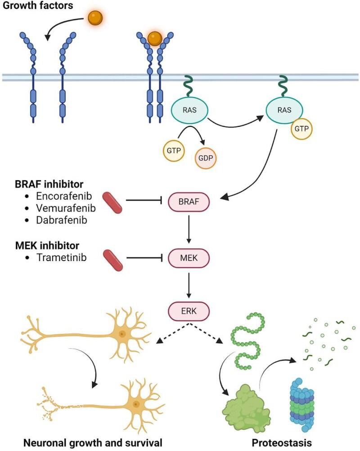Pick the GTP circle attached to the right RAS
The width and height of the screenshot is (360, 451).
coord(301,128)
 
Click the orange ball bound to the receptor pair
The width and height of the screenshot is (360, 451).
coord(154,38)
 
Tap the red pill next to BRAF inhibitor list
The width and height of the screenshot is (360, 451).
coord(111,202)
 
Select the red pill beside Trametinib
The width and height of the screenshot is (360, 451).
coord(111,258)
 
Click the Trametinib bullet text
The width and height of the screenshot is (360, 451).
coord(62,257)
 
